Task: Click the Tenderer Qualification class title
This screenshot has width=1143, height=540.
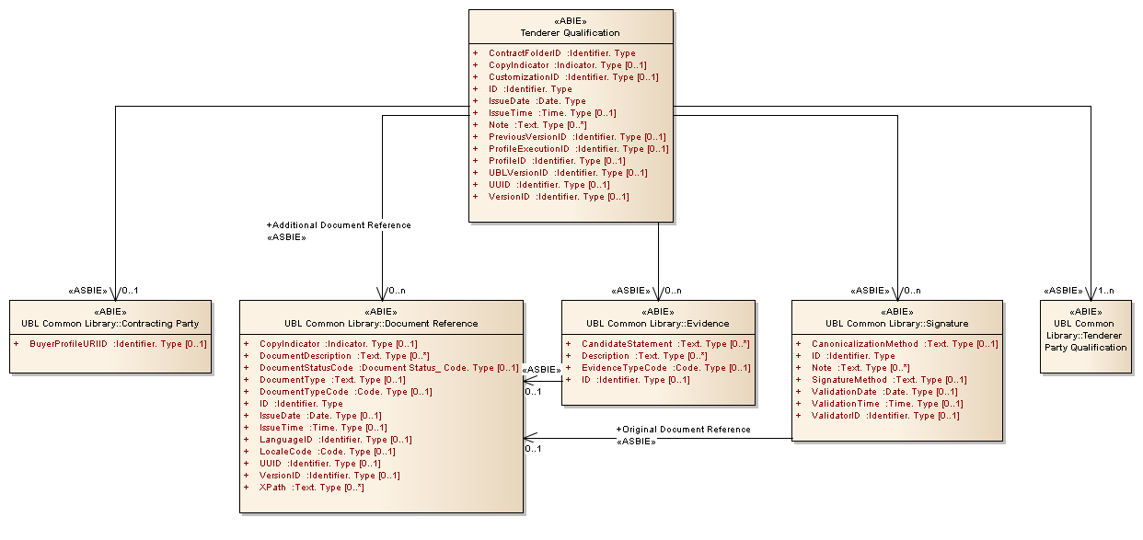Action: [570, 33]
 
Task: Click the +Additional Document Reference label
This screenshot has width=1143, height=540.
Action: [338, 225]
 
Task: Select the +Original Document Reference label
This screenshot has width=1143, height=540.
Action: [683, 430]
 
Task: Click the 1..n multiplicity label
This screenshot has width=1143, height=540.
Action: [1103, 291]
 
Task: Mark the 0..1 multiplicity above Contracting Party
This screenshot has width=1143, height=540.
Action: [129, 291]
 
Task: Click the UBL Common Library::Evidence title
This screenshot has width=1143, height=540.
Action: [657, 324]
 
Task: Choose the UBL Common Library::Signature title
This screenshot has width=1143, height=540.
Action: [896, 324]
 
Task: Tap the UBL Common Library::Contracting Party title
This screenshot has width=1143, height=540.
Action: [110, 324]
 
